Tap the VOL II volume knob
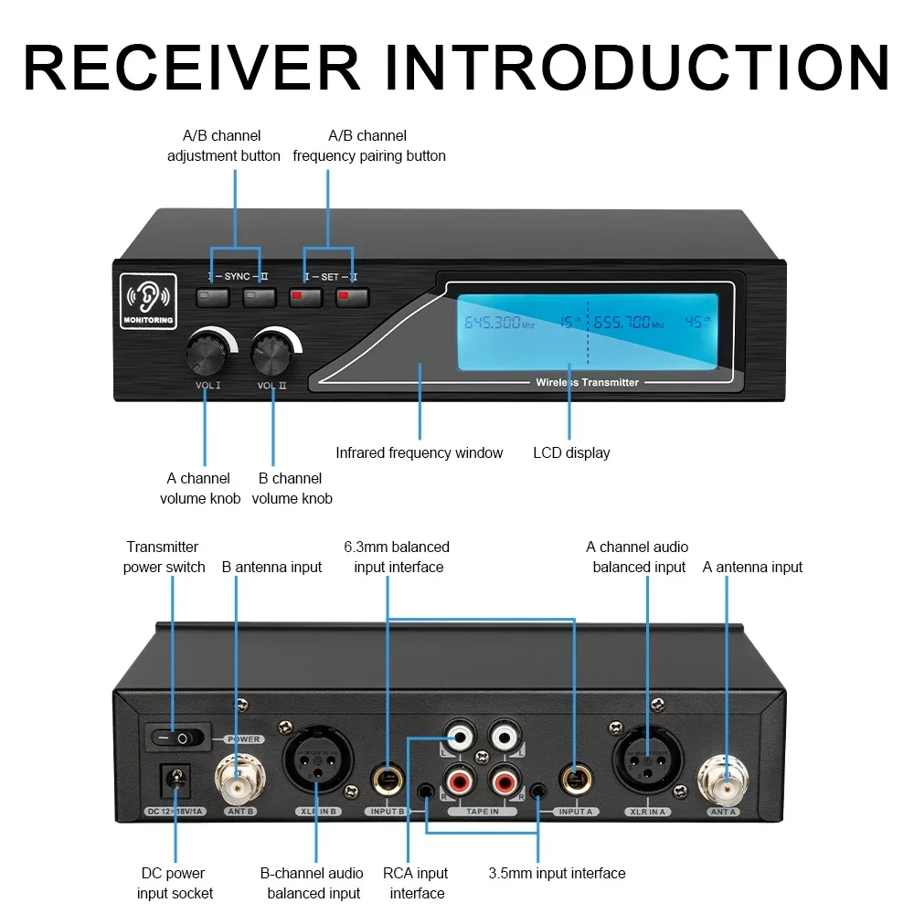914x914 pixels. pyautogui.click(x=272, y=351)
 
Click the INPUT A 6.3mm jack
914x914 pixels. pyautogui.click(x=576, y=780)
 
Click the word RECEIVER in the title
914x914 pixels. pyautogui.click(x=192, y=66)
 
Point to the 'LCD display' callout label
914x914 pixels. pyautogui.click(x=571, y=452)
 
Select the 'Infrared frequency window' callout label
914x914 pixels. pyautogui.click(x=419, y=452)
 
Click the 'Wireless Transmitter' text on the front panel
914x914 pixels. pyautogui.click(x=587, y=382)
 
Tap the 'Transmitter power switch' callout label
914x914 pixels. pyautogui.click(x=163, y=557)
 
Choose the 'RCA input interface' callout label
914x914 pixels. pyautogui.click(x=416, y=883)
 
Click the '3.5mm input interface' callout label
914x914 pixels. pyautogui.click(x=557, y=873)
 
